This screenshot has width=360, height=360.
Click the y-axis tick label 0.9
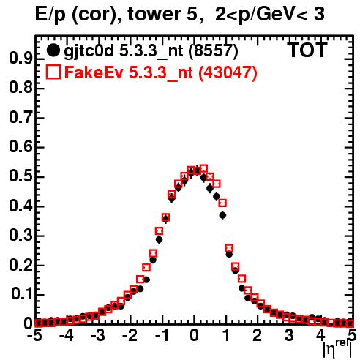(x=20, y=59)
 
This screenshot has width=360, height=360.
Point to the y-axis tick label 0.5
(x=20, y=176)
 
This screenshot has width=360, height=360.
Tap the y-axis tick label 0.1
(x=22, y=294)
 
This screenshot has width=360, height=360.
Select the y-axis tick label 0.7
(x=20, y=118)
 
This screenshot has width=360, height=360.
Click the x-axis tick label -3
(x=99, y=336)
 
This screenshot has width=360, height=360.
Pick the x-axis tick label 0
(x=194, y=336)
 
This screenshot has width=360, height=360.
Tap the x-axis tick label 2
(x=258, y=336)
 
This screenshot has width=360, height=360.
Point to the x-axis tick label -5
(x=35, y=336)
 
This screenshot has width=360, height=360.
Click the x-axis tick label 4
(x=321, y=336)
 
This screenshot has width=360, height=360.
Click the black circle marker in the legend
(x=53, y=50)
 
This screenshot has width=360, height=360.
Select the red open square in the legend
(x=53, y=72)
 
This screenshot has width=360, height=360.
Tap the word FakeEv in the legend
(x=94, y=72)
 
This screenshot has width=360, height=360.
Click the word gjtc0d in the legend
(x=89, y=52)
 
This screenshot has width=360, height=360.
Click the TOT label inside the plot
(x=308, y=50)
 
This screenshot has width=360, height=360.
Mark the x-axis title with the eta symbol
(x=337, y=349)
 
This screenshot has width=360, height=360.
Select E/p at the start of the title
(x=50, y=15)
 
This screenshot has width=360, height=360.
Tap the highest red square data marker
(x=203, y=168)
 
